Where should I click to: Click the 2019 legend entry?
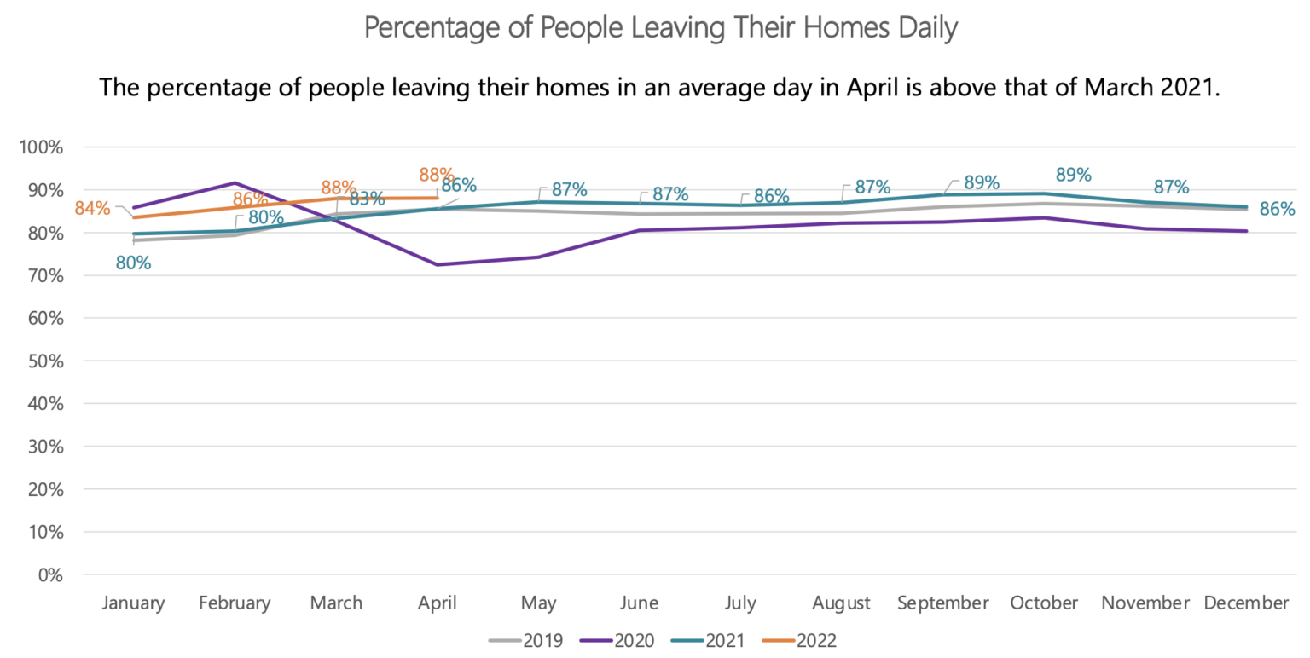coord(526,638)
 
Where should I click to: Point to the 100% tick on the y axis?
coord(41,147)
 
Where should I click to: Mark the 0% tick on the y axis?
coord(49,574)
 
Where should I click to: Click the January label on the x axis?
coord(133,603)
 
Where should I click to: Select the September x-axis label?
coord(942,603)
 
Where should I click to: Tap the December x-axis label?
coord(1246,603)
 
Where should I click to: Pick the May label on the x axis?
coord(538,603)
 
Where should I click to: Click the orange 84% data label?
coord(92,207)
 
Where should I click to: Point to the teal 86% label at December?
coord(1278,209)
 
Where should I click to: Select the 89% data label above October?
coord(1073,175)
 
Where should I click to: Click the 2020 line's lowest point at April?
coord(438,265)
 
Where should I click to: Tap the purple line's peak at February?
coord(235,182)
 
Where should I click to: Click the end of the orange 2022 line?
coord(438,198)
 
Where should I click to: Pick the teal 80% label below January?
coord(133,263)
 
